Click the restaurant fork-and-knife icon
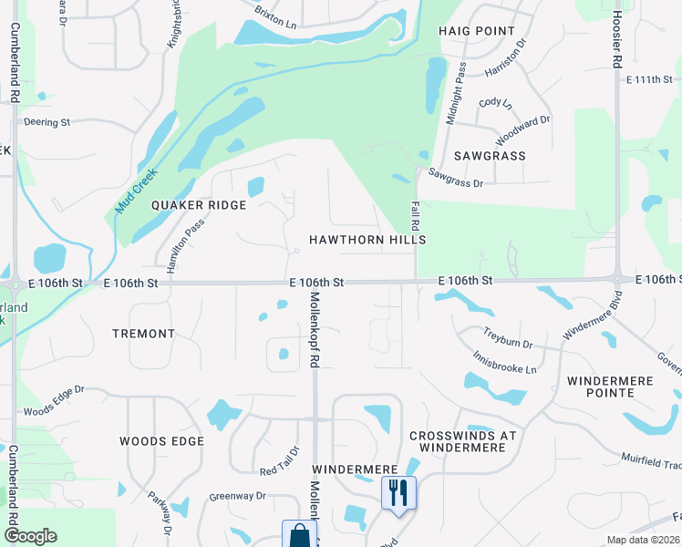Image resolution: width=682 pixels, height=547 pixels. [398, 492]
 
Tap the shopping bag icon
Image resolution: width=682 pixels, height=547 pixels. [299, 536]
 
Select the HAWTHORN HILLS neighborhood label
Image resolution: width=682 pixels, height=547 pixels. [367, 240]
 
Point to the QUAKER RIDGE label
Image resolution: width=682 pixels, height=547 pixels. [199, 205]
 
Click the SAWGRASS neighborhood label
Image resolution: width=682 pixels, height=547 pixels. [491, 156]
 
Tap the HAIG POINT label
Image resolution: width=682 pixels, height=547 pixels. [477, 31]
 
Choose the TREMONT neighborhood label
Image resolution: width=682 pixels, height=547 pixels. [143, 334]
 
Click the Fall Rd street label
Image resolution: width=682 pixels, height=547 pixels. [414, 216]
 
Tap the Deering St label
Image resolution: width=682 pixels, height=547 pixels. [46, 122]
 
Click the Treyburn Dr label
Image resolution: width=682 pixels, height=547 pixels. [508, 340]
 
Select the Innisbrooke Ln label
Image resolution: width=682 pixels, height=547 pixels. [504, 363]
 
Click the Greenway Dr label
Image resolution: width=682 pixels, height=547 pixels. [237, 497]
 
